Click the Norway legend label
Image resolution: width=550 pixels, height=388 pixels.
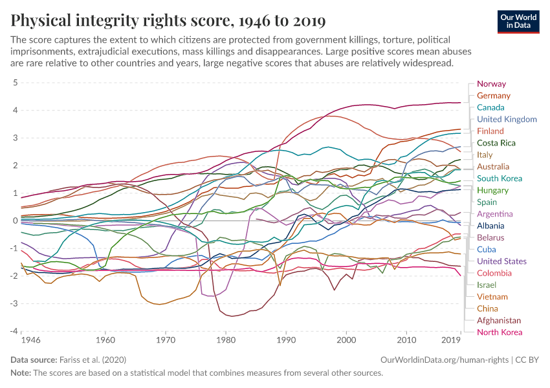coord(491,84)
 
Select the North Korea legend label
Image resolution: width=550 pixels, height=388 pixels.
coord(499,332)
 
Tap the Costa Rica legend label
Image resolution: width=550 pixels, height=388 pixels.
coord(496,143)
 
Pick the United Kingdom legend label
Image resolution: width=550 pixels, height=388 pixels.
coord(507,119)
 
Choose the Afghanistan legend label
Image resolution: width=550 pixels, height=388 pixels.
coord(498,320)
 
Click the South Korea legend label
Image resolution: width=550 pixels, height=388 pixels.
coord(499,178)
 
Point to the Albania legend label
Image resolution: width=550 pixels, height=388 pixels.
coord(490,226)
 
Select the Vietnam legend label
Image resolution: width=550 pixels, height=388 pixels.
coord(491,297)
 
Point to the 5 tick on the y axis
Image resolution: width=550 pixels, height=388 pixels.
coord(14,83)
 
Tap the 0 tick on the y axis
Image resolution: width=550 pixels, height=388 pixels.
coord(14,221)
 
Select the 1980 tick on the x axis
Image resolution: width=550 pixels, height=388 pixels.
coord(225,339)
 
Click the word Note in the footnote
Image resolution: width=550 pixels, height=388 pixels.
coord(21,373)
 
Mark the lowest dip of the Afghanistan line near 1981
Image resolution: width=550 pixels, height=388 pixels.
coord(232,316)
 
